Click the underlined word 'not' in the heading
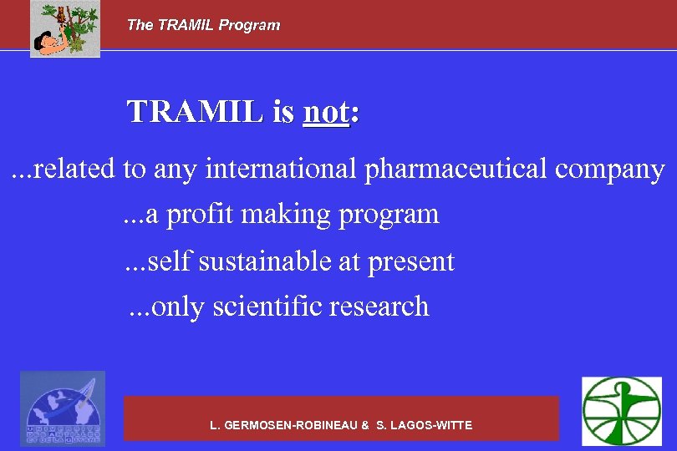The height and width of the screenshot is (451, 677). pos(325,112)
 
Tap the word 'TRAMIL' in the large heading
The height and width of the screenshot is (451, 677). pos(194,112)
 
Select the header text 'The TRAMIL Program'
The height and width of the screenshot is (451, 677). pos(203,25)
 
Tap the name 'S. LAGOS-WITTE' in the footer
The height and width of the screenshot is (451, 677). pos(424,425)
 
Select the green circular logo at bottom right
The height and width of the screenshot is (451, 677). pos(621,410)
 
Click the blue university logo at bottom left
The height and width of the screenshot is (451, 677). pos(63,408)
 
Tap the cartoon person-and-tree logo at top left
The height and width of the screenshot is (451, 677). pos(65,29)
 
